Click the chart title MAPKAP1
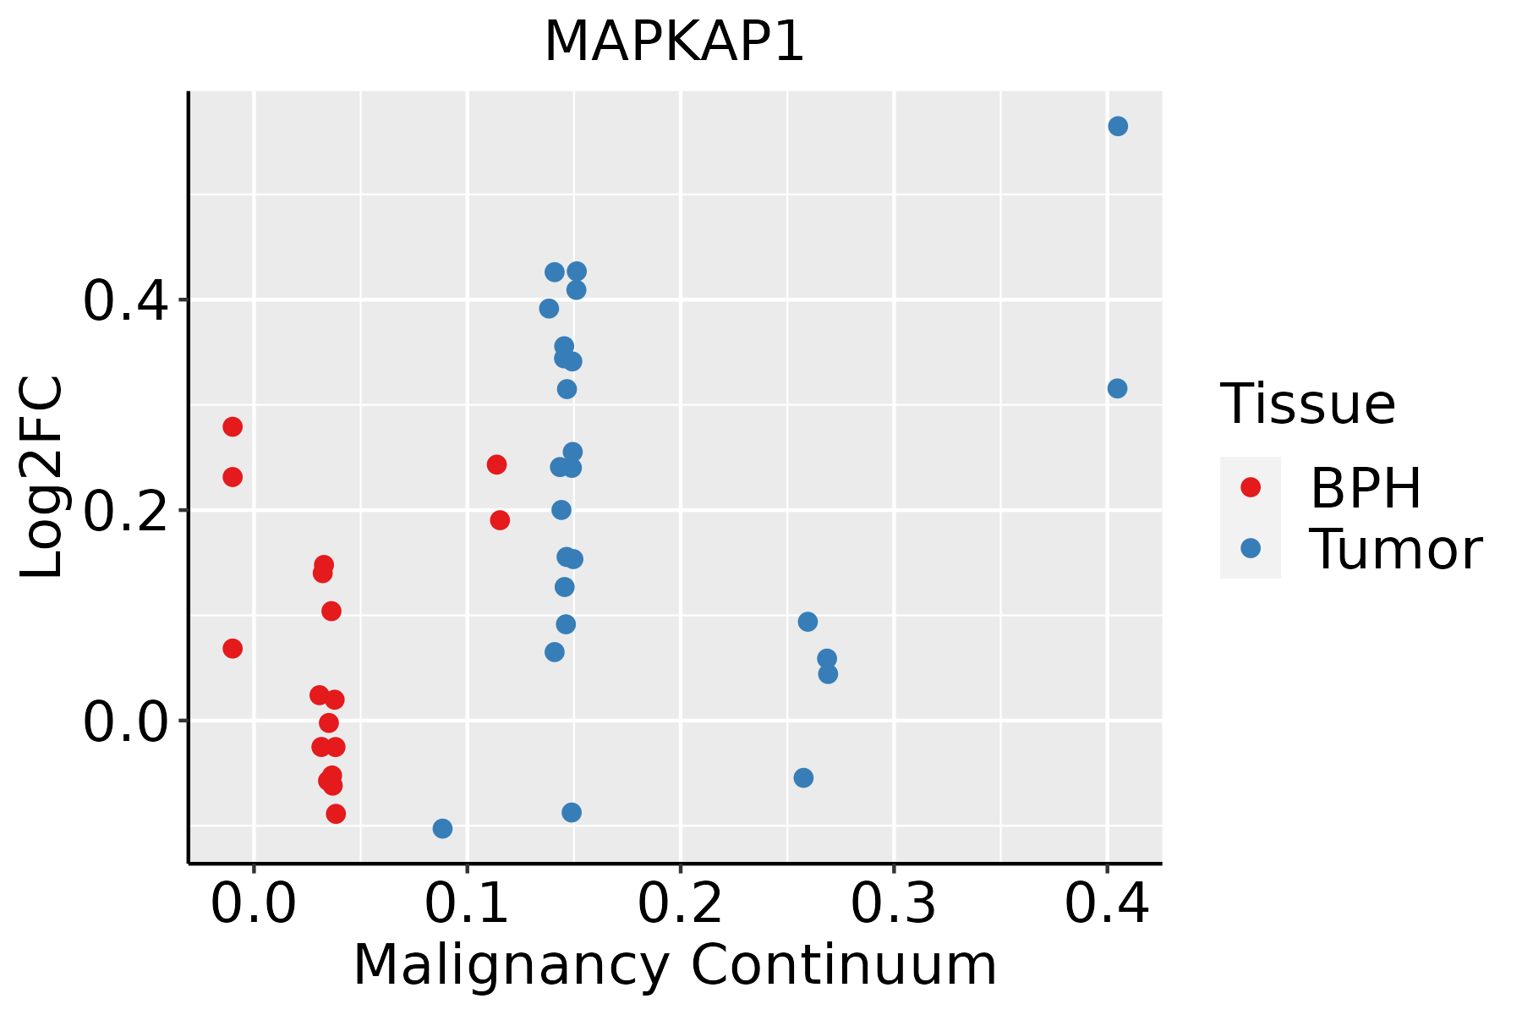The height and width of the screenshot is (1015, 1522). point(674,42)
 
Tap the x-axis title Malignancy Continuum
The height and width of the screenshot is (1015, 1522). point(674,965)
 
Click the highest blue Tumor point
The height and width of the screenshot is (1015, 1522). point(1118,126)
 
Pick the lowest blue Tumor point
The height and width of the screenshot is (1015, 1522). point(442,828)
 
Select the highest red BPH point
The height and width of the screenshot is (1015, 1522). point(233,426)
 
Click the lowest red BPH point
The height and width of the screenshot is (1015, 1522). point(336,814)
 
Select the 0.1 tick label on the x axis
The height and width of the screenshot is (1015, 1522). point(467,903)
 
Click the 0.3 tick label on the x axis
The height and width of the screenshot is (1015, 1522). point(893,903)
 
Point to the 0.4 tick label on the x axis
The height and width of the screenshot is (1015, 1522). point(1106,903)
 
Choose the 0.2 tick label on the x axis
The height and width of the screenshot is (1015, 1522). point(680,903)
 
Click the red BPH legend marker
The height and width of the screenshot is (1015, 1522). point(1250,486)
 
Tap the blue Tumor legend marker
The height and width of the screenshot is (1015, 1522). point(1250,548)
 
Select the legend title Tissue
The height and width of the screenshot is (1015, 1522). point(1308,404)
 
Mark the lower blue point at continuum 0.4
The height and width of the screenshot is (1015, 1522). point(1117,388)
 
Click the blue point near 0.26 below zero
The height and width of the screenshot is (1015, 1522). point(803,777)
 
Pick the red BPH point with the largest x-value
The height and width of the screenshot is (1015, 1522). point(500,519)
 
